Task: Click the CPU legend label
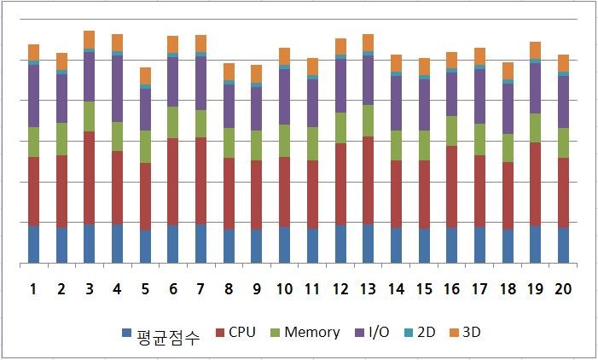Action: point(243,332)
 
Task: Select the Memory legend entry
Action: point(311,332)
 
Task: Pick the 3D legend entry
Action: point(472,332)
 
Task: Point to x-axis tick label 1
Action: point(33,289)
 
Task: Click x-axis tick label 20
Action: point(563,289)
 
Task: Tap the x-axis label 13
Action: point(368,289)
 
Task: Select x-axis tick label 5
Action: point(145,289)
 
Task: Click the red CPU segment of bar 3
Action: point(89,177)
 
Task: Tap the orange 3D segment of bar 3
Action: point(89,39)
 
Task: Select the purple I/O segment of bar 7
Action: point(200,83)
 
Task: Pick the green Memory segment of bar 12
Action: point(340,128)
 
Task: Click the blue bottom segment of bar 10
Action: point(284,245)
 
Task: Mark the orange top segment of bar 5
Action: point(145,75)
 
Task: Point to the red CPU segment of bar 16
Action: point(451,187)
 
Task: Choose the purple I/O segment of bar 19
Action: point(535,88)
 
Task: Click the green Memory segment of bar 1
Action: point(33,142)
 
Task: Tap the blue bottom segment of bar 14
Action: point(396,245)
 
